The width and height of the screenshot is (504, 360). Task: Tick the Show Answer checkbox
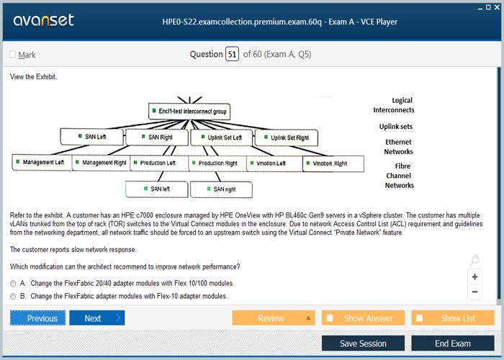(330, 318)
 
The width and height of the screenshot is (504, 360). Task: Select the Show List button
(453, 318)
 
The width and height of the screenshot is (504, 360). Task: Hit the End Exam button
(453, 343)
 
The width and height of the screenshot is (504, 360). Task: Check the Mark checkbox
(12, 55)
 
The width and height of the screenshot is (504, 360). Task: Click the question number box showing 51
(232, 54)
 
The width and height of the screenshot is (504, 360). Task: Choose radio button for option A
(13, 284)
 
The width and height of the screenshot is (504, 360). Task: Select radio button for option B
(13, 296)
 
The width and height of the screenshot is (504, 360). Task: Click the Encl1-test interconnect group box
(189, 112)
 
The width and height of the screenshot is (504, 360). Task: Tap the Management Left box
(40, 163)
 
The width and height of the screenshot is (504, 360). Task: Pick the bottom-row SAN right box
(221, 189)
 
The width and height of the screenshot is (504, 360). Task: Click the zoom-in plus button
(474, 276)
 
